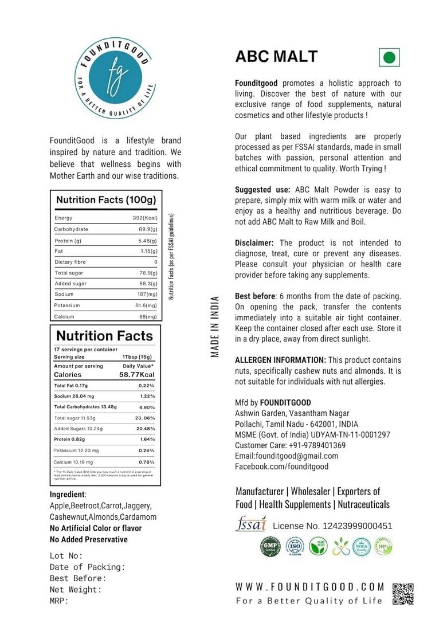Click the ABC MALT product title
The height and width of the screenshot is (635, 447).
[x=276, y=56]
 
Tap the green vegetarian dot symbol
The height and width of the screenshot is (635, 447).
[x=389, y=57]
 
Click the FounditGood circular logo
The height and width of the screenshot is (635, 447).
[x=115, y=75]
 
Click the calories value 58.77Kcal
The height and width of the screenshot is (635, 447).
[x=137, y=374]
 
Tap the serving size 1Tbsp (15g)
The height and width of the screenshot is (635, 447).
[x=136, y=356]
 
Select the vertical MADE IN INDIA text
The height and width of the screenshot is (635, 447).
[x=215, y=327]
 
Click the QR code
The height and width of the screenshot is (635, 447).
[x=403, y=594]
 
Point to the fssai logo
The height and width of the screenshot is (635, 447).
[x=250, y=524]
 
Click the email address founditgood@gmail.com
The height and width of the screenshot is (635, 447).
[x=287, y=456]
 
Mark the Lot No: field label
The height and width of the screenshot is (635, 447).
[x=66, y=555]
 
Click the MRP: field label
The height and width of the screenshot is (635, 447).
[x=59, y=601]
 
